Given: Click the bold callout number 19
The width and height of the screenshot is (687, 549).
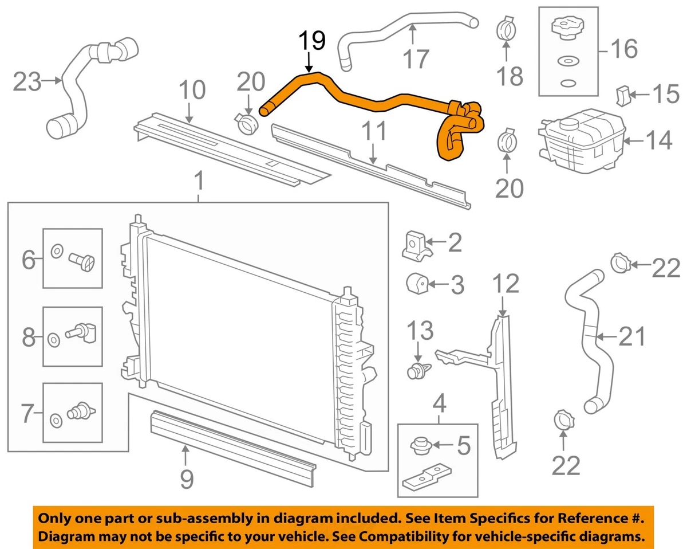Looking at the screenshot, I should (311, 41).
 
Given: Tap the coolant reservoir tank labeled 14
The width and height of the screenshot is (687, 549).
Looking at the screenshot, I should (578, 140).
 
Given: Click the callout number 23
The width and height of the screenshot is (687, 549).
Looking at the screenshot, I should (27, 82).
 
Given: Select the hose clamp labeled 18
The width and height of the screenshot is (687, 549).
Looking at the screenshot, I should (506, 29).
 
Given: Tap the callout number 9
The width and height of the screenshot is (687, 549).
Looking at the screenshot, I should (187, 478).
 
